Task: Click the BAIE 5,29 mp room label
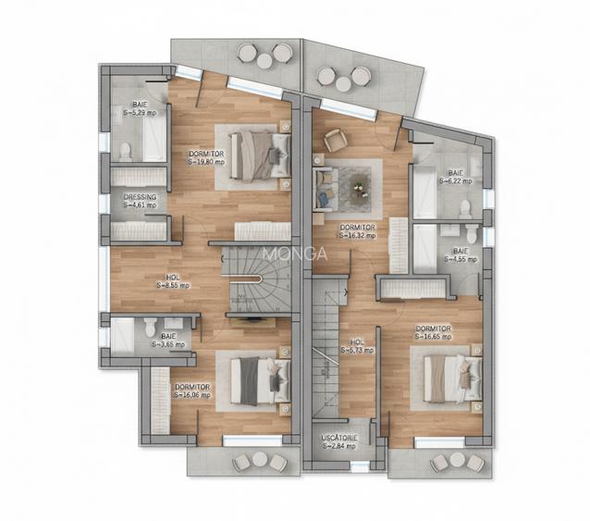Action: click(140, 107)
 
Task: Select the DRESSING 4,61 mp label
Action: click(140, 201)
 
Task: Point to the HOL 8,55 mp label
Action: click(173, 280)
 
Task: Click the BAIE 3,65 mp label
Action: click(167, 340)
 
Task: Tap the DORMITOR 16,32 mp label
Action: click(357, 230)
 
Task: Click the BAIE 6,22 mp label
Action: click(456, 177)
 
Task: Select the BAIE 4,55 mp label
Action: click(460, 254)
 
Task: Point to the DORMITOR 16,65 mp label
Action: click(432, 331)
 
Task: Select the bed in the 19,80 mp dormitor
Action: click(259, 154)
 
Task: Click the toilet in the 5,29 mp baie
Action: click(125, 151)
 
